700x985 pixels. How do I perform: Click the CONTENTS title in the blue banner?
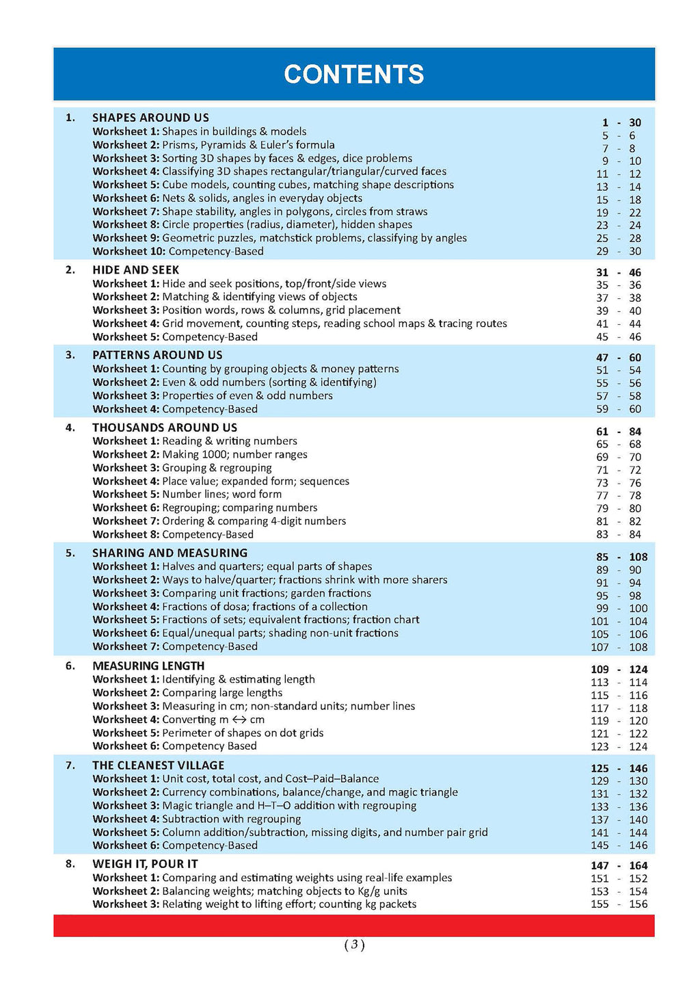click(x=353, y=75)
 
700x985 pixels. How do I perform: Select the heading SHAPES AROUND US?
click(x=150, y=118)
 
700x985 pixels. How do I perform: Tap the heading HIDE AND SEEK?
click(x=135, y=270)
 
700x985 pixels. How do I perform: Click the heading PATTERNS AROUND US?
click(x=157, y=355)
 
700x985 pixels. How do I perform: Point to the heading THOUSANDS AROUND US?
click(x=165, y=428)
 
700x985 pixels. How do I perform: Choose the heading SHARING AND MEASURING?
click(x=170, y=553)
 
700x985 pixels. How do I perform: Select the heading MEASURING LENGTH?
click(x=148, y=666)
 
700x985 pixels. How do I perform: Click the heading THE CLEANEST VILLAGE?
click(x=158, y=765)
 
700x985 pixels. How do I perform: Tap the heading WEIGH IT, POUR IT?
click(x=145, y=864)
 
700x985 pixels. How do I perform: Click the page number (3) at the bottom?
click(x=353, y=945)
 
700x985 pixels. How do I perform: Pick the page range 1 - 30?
click(x=621, y=123)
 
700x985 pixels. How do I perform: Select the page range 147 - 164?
click(x=619, y=865)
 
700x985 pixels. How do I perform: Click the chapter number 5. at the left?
click(x=70, y=553)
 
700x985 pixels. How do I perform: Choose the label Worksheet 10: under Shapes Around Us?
click(x=129, y=251)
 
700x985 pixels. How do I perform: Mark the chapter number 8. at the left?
click(x=70, y=864)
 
